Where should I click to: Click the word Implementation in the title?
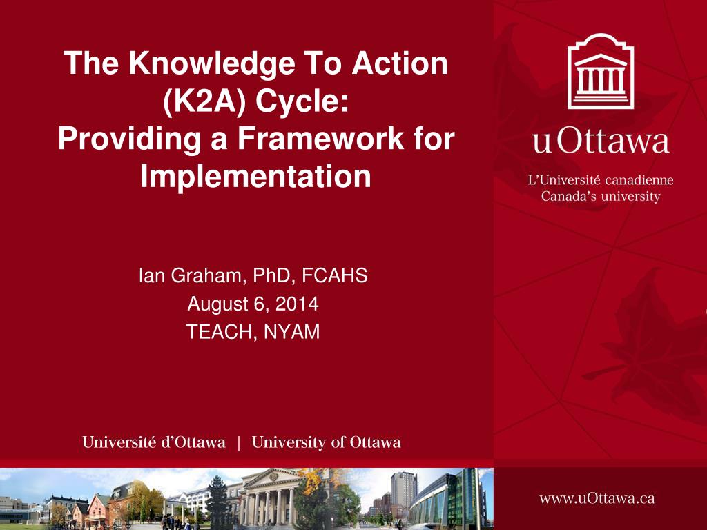[x=256, y=177]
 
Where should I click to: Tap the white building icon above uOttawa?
[x=600, y=72]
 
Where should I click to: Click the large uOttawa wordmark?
[x=601, y=141]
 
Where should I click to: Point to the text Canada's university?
[x=600, y=197]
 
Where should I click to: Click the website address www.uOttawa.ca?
[x=597, y=498]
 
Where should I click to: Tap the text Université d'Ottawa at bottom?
[x=154, y=443]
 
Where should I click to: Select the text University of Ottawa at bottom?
[x=326, y=443]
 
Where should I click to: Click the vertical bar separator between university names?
[x=239, y=443]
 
